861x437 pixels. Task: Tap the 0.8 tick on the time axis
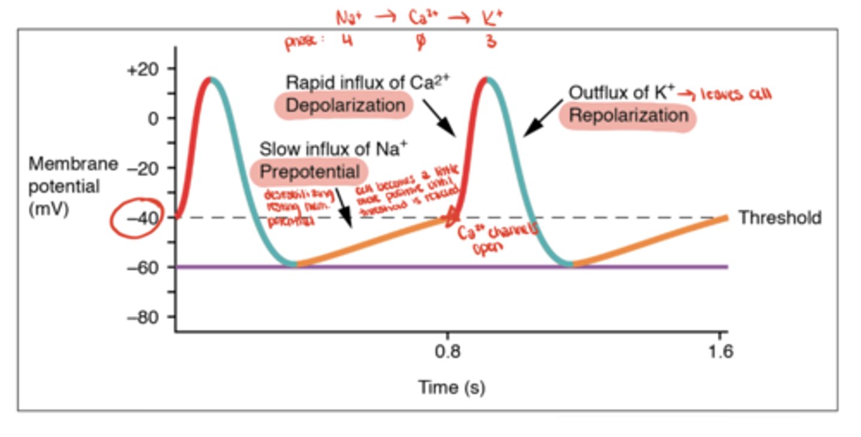[x=448, y=351]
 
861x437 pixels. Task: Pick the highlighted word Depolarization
[x=345, y=106]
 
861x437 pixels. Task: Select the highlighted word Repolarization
[x=628, y=115]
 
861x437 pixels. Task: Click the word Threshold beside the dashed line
[x=780, y=218]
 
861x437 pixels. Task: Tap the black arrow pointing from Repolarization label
[x=543, y=118]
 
